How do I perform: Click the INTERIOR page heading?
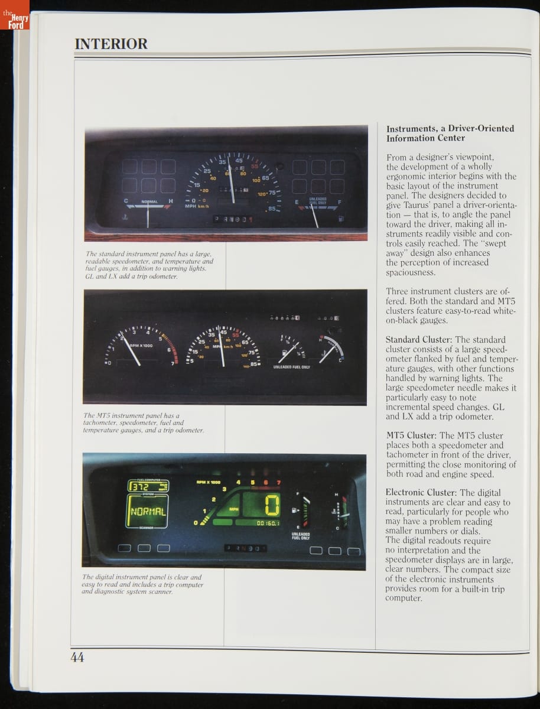coord(111,44)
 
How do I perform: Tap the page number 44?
coord(77,657)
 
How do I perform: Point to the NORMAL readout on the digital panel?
coord(148,511)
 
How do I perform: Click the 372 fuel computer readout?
coord(148,486)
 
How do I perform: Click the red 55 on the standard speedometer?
coord(255,167)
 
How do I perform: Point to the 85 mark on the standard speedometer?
coord(272,209)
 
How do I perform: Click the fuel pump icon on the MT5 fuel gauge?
coord(285,353)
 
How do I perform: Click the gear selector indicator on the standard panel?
coord(234,219)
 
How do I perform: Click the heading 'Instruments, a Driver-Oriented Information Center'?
coord(450,133)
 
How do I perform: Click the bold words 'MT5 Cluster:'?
coord(411,435)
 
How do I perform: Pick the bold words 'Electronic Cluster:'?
coord(421,493)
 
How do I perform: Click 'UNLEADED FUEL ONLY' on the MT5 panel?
coord(291,367)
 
